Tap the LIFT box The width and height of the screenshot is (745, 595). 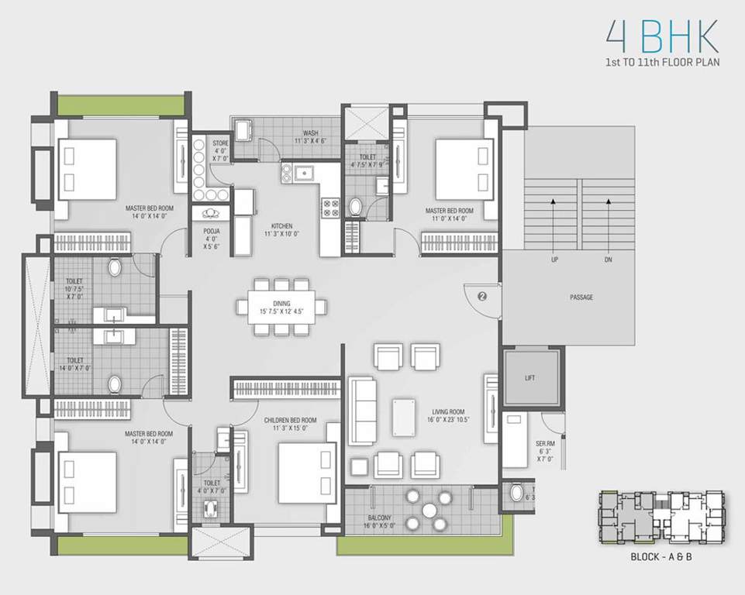click(529, 378)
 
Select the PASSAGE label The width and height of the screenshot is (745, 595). click(581, 297)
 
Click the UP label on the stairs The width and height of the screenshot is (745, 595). click(554, 260)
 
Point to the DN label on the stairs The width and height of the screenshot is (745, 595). click(608, 260)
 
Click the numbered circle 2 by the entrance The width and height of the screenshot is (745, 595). click(482, 295)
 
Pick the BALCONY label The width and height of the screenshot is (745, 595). click(380, 518)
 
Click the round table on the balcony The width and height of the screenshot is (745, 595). click(429, 509)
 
